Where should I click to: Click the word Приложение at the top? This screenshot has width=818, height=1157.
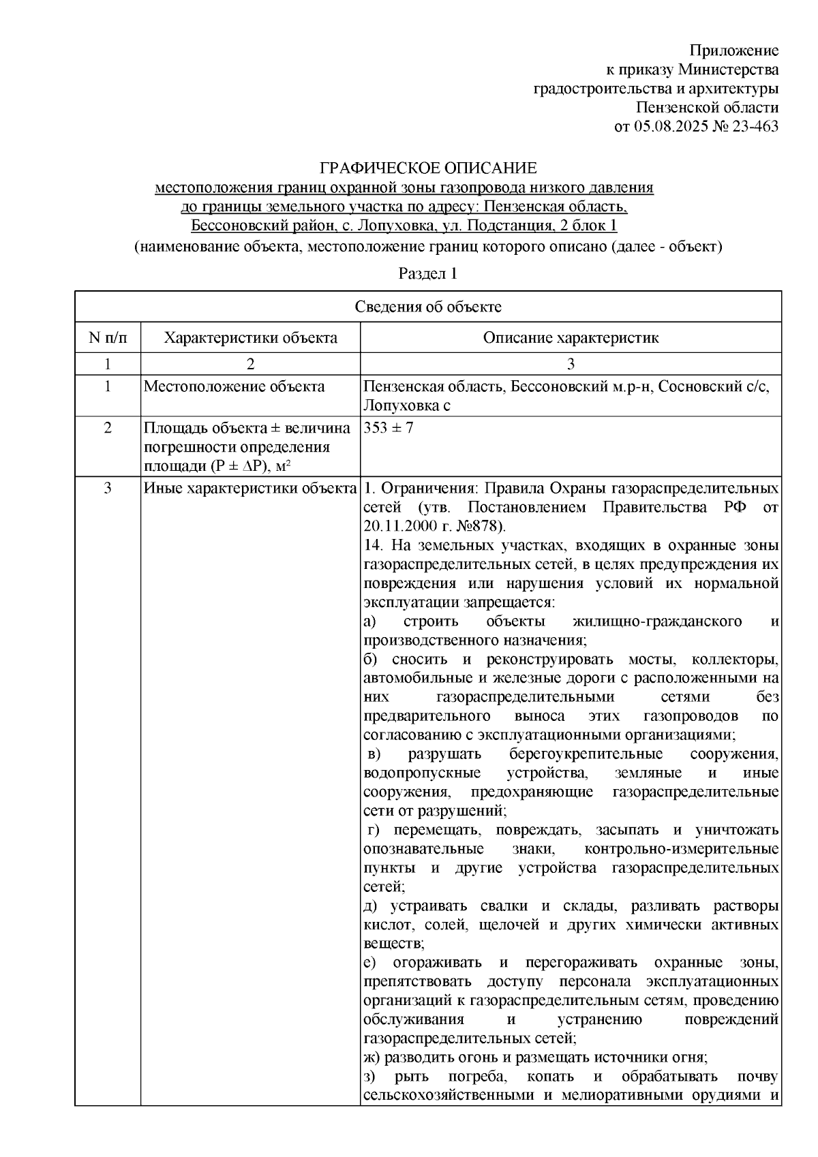tap(733, 51)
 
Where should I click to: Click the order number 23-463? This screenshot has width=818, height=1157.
tap(753, 127)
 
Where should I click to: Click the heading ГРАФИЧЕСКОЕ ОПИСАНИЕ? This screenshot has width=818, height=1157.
tap(429, 168)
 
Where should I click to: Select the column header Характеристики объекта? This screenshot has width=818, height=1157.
tap(251, 338)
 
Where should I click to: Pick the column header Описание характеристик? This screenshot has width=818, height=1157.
tap(571, 338)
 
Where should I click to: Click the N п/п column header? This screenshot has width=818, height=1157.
tap(108, 338)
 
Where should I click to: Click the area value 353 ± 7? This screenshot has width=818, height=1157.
tap(389, 428)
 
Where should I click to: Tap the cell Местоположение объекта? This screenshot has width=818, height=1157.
tap(234, 387)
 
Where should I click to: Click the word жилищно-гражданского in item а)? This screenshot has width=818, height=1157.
tap(657, 621)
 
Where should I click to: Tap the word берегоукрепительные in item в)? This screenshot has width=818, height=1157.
tap(586, 754)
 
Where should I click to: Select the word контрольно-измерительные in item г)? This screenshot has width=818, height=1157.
tap(682, 849)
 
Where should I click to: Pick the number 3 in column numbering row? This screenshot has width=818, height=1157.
tap(571, 364)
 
